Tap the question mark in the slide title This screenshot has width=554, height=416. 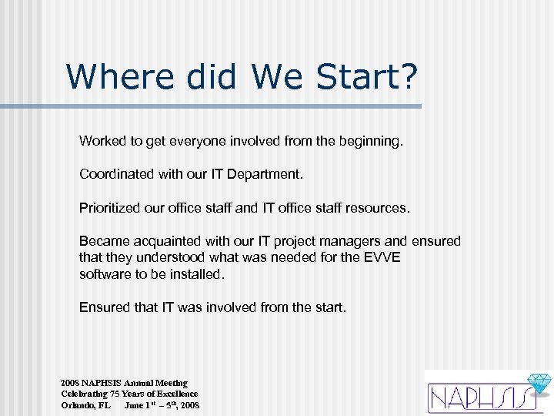click(408, 76)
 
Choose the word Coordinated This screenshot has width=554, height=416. click(117, 174)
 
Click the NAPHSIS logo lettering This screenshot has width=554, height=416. click(477, 397)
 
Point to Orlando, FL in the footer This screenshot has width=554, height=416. click(85, 404)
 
